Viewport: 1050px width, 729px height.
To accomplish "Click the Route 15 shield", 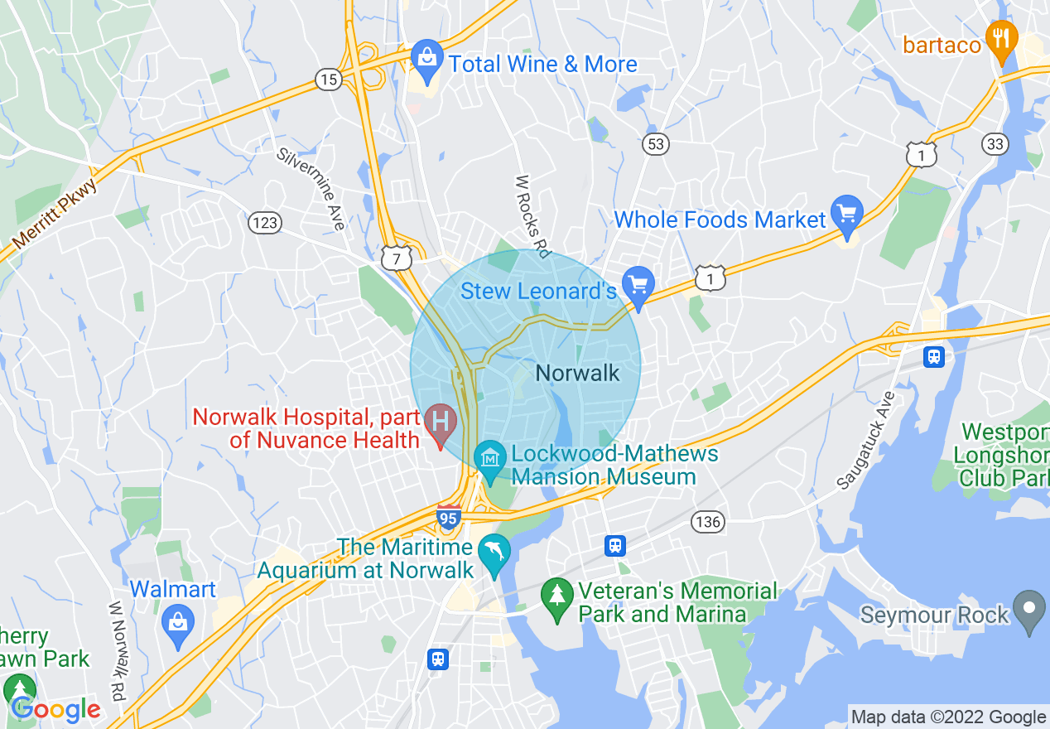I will tap(329, 80).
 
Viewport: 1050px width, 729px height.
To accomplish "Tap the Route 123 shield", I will tap(264, 222).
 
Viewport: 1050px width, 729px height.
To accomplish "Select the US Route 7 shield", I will tap(396, 259).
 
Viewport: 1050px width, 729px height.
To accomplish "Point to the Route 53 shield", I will tap(655, 144).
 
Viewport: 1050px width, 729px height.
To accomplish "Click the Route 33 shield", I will tap(995, 144).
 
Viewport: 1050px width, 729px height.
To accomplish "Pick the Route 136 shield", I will tap(709, 522).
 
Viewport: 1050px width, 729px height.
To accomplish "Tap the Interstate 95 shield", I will tap(449, 517).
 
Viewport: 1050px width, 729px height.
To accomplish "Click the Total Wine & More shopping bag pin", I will tap(427, 60).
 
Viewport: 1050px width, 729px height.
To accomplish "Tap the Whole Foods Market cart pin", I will tap(846, 215).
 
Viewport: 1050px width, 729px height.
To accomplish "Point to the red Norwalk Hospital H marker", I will tap(441, 421).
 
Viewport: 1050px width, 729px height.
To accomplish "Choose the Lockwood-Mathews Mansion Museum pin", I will tap(490, 458).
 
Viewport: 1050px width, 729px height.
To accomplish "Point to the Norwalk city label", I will tap(577, 373).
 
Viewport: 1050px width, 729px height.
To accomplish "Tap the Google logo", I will tap(56, 710).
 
